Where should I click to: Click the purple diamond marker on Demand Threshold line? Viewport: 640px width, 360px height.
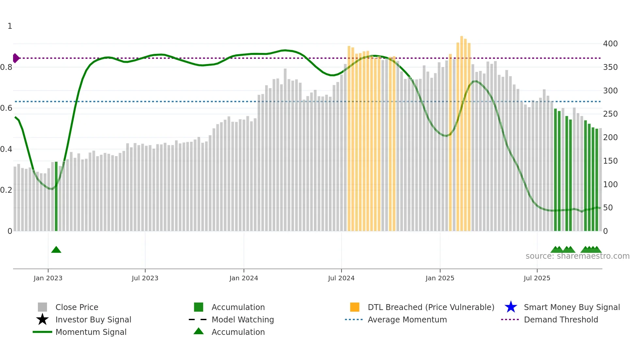coord(16,58)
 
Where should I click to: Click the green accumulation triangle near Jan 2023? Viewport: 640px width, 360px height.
coord(56,250)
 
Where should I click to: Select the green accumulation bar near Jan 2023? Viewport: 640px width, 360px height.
coord(56,196)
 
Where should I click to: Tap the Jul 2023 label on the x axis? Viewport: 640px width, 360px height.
coord(145,278)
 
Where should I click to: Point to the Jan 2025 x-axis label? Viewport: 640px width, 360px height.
coord(440,278)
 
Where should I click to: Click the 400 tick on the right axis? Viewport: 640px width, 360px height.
coord(610,44)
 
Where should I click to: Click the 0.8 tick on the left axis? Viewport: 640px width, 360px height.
coord(6,67)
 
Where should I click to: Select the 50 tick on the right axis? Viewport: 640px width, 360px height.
coord(608,208)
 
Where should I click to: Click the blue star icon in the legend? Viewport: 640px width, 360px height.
coord(511,307)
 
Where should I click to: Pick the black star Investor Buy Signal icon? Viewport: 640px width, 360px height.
coord(42,319)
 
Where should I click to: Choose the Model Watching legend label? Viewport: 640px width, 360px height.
coord(243,319)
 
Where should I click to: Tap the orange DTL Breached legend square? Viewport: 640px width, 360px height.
coord(355,307)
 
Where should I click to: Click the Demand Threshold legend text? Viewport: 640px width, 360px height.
coord(561,319)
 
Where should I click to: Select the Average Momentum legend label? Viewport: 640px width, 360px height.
coord(407,319)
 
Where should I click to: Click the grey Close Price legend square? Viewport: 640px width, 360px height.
coord(42,307)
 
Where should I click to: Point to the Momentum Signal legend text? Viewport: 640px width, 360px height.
coord(91,332)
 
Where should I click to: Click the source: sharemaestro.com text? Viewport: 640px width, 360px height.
coord(577,256)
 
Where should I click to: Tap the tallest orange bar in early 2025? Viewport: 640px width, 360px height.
coord(461,131)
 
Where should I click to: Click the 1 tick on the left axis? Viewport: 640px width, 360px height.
coord(10,26)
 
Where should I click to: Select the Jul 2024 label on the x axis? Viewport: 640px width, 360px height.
coord(341,278)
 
